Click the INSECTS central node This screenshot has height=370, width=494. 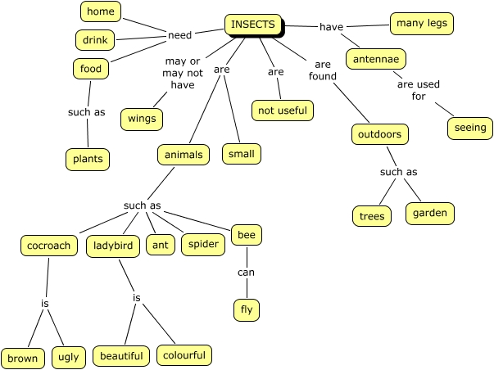tap(253, 25)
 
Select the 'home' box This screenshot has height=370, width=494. tap(102, 11)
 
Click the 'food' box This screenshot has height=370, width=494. tap(91, 69)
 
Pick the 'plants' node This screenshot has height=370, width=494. tap(87, 158)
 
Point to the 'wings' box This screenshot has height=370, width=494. tap(142, 118)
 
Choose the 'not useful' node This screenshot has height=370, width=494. tap(281, 111)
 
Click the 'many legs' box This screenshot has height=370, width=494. tap(421, 24)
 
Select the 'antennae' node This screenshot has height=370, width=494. tap(376, 59)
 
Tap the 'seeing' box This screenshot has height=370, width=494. tap(469, 128)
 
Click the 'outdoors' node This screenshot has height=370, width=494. tap(379, 133)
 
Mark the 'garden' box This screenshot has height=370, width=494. tap(429, 213)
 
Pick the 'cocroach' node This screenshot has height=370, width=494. tap(49, 245)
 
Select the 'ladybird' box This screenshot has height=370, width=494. tap(112, 245)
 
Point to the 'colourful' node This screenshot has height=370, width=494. tap(185, 355)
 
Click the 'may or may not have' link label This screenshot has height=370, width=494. tap(182, 73)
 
